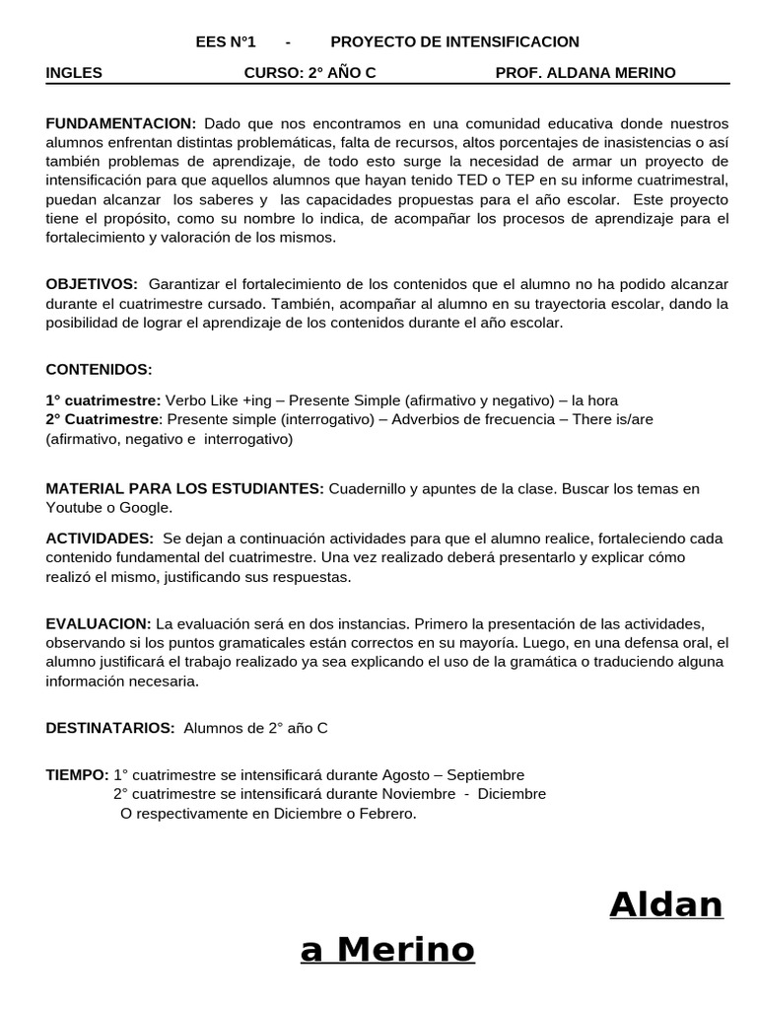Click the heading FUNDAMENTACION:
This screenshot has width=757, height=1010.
[x=121, y=123]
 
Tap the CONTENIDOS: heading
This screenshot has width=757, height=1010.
[x=100, y=369]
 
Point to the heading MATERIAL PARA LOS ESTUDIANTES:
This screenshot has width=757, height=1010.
[x=184, y=489]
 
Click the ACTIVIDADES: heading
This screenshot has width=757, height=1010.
[x=100, y=539]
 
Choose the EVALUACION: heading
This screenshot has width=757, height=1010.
[x=99, y=624]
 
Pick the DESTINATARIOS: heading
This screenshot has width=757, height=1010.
[x=110, y=728]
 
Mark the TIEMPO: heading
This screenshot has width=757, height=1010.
[x=77, y=775]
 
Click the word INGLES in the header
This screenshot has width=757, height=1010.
[x=74, y=72]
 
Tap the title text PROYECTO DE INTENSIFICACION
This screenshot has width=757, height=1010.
[x=454, y=41]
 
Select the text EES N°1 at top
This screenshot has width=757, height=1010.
[x=226, y=41]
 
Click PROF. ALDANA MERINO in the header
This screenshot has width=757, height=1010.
[x=585, y=72]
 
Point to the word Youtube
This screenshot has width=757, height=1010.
[x=75, y=508]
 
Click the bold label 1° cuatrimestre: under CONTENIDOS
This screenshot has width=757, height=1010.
[x=103, y=400]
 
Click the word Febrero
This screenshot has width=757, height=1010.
[x=387, y=814]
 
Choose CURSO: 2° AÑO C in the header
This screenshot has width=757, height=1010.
[x=310, y=72]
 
